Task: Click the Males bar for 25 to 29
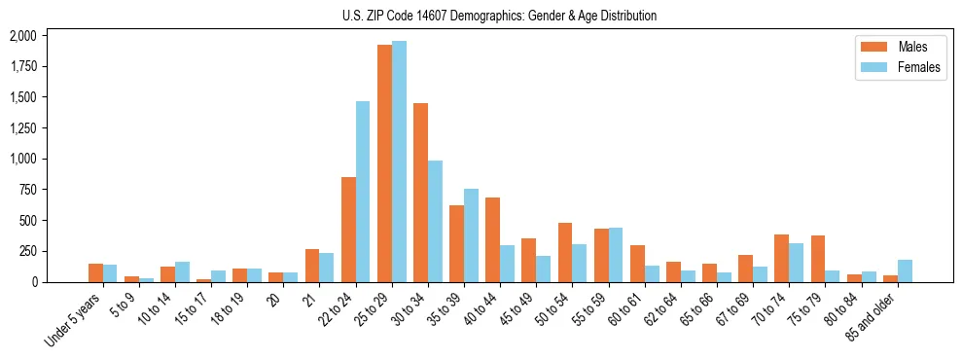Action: [384, 163]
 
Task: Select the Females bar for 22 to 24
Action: [363, 192]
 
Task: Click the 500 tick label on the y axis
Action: [28, 221]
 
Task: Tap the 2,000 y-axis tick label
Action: [23, 36]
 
